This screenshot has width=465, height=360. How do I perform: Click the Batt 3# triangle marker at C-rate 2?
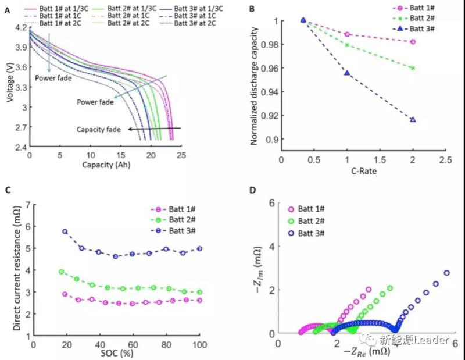click(413, 119)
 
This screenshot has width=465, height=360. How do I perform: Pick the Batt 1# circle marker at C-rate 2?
click(413, 42)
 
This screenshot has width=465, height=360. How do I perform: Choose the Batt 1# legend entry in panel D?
click(310, 209)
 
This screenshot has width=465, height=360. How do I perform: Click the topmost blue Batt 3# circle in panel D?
click(446, 273)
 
